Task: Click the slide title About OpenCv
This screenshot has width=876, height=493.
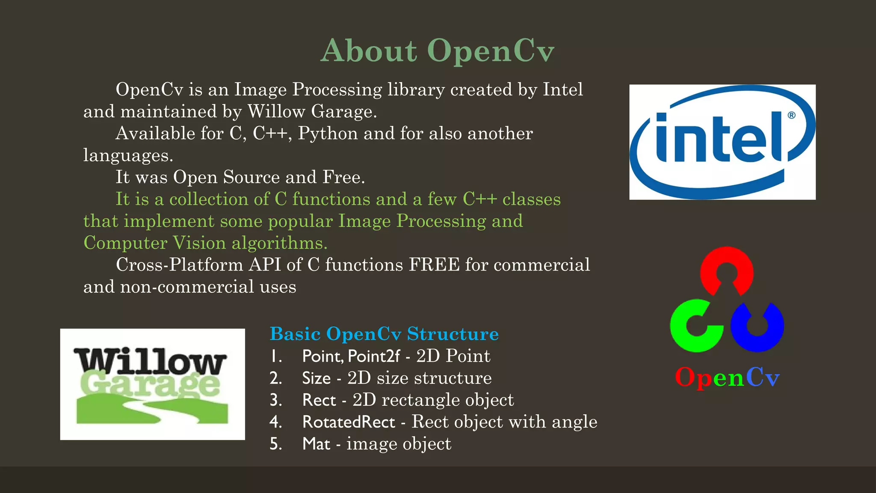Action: click(437, 50)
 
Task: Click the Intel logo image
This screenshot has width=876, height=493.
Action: click(722, 142)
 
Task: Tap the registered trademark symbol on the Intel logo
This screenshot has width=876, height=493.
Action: click(791, 115)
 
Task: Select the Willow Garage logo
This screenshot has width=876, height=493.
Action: click(152, 384)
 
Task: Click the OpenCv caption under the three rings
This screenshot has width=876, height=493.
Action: click(727, 377)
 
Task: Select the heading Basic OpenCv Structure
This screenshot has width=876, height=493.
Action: click(384, 334)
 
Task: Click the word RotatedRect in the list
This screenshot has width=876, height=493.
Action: click(349, 422)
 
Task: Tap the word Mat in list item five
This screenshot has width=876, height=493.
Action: click(316, 444)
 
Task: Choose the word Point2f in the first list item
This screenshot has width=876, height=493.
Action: click(374, 356)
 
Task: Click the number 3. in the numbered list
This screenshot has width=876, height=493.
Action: click(276, 400)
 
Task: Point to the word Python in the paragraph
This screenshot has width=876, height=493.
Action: click(328, 134)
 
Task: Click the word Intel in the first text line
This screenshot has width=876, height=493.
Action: click(563, 89)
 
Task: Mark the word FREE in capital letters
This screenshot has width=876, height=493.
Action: click(434, 265)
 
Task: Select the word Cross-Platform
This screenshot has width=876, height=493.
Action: click(180, 265)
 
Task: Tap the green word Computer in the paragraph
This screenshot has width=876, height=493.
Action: click(125, 243)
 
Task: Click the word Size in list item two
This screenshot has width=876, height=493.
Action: click(316, 378)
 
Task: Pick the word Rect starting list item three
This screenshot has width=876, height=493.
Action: click(319, 400)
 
